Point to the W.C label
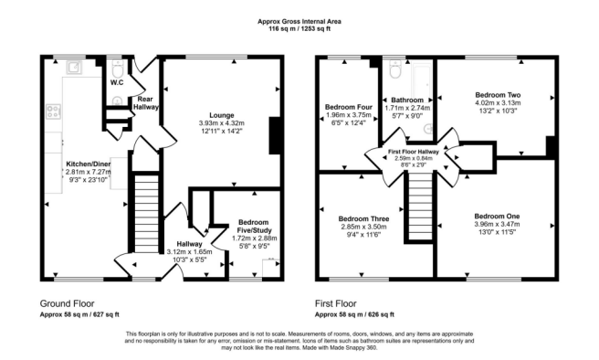click(x=117, y=82)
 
